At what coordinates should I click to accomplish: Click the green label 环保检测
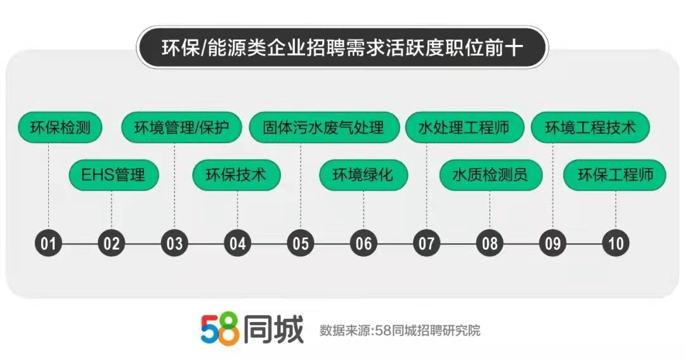(x=60, y=127)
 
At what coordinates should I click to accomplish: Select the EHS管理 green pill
(x=114, y=175)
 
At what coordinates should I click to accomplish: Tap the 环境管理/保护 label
(x=181, y=127)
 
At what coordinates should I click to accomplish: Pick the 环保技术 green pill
(x=237, y=175)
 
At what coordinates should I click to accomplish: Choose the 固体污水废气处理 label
(x=323, y=127)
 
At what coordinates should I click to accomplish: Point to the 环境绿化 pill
(x=363, y=175)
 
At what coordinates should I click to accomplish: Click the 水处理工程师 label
(x=464, y=127)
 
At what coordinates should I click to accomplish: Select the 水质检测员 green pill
(x=490, y=175)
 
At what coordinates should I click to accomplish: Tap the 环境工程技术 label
(x=590, y=127)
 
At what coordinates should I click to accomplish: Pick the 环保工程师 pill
(x=615, y=175)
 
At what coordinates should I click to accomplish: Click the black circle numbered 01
(x=48, y=243)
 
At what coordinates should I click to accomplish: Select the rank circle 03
(x=174, y=243)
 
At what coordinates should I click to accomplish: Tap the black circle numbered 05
(x=301, y=243)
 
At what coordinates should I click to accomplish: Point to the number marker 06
(x=363, y=243)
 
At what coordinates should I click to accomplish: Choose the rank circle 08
(x=490, y=243)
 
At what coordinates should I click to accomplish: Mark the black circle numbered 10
(x=615, y=243)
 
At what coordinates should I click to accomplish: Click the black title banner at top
(x=342, y=47)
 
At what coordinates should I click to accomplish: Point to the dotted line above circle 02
(x=112, y=210)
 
